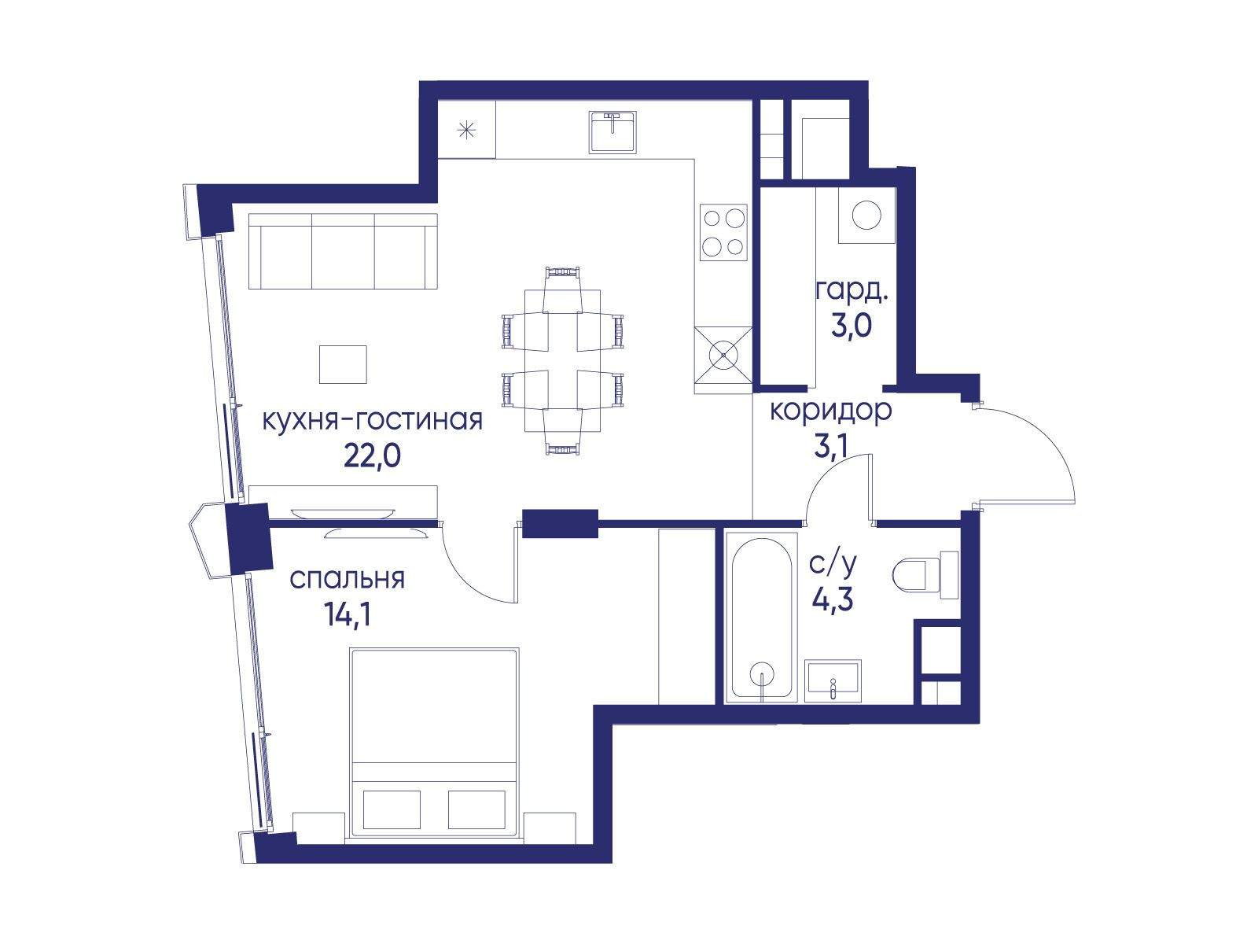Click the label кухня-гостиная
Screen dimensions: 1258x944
[x=373, y=421]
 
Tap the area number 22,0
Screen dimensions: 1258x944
[x=372, y=457]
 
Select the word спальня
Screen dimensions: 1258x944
[x=348, y=580]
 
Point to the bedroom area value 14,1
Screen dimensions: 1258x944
[x=348, y=616]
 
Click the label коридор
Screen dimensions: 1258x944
[x=831, y=411]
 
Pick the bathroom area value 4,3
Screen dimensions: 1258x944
[x=833, y=600]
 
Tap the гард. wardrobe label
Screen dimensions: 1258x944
[x=852, y=293]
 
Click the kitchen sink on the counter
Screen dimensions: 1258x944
[x=612, y=132]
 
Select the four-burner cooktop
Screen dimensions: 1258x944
[x=723, y=232]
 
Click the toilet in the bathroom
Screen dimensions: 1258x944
[x=925, y=576]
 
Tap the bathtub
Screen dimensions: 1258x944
[x=761, y=618]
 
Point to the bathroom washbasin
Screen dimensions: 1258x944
[x=833, y=681]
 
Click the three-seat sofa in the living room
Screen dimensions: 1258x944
[x=343, y=252]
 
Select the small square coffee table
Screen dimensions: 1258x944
[x=343, y=364]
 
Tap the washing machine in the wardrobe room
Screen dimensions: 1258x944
[x=866, y=216]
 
